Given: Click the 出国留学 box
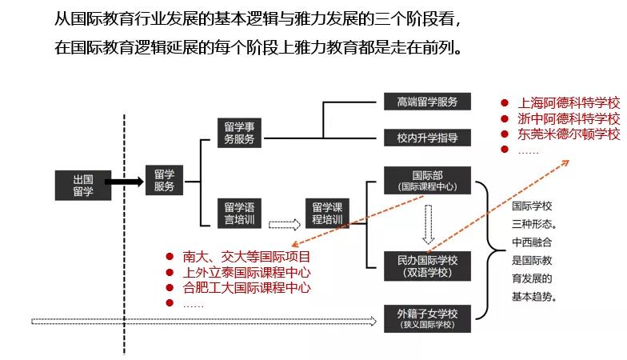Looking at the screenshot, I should click(x=83, y=185).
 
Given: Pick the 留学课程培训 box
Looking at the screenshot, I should click(x=327, y=213).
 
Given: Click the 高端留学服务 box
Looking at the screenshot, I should click(x=428, y=102).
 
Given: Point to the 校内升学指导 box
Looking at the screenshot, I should click(x=428, y=138).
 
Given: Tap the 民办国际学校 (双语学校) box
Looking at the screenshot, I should click(x=428, y=266).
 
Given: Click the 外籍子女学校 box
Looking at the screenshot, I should click(x=428, y=318).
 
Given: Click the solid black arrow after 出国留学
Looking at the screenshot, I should click(x=125, y=182).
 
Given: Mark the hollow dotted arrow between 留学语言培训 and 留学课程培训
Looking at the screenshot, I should click(x=284, y=225).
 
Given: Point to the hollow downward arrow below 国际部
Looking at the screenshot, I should click(x=429, y=223).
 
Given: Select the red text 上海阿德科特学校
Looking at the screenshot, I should click(x=569, y=103).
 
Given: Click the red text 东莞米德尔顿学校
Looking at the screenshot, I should click(x=569, y=134).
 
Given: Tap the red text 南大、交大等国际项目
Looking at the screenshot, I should click(x=246, y=257).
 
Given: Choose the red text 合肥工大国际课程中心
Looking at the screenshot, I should click(x=246, y=288).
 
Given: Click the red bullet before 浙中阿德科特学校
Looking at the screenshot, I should click(x=505, y=118).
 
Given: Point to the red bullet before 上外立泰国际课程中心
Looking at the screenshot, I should click(x=170, y=273).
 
